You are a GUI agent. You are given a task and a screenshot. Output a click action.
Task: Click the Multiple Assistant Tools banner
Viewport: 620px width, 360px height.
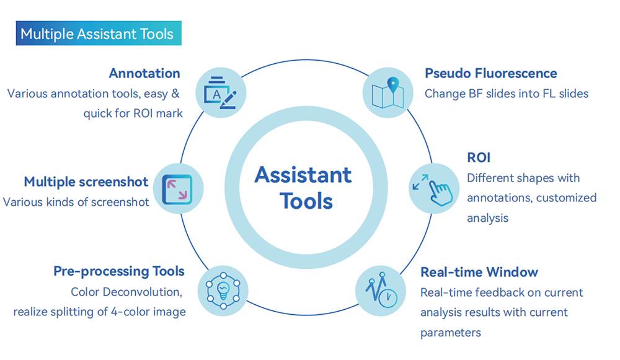(x=97, y=33)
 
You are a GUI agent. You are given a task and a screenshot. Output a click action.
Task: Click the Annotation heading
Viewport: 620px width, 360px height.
(x=144, y=73)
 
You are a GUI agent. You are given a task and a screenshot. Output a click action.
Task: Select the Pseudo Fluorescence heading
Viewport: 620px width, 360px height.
(x=490, y=73)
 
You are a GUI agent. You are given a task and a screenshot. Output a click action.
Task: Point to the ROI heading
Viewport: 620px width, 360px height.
(x=479, y=157)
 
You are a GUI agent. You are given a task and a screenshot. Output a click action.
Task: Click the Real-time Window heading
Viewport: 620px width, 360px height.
(x=479, y=272)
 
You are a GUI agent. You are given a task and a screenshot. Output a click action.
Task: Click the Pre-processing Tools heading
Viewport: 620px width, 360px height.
(x=118, y=271)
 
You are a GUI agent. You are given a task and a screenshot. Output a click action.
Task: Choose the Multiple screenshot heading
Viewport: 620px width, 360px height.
(x=86, y=182)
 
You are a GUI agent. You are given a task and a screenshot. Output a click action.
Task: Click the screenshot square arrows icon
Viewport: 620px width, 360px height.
(x=177, y=188)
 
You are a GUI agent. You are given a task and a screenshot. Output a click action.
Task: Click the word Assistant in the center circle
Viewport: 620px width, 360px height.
(x=303, y=175)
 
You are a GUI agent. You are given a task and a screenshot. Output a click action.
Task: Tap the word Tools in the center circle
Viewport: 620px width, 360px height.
(x=306, y=201)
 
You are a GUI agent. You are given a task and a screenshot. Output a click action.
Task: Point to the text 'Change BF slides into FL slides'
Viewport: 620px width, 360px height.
(x=506, y=94)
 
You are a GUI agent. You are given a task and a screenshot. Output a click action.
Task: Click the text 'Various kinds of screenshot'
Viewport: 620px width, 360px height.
(x=76, y=202)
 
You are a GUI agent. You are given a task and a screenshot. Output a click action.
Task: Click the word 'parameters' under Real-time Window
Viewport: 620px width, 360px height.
(x=450, y=333)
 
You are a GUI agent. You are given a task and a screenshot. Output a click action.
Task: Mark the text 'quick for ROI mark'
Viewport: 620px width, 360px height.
(x=133, y=113)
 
